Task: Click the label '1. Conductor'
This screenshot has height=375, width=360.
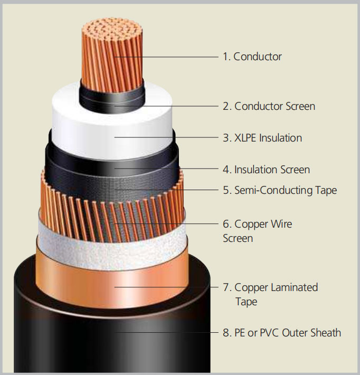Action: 252,57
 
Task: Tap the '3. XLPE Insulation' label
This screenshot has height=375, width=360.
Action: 262,138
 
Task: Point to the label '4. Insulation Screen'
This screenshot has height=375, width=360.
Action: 266,170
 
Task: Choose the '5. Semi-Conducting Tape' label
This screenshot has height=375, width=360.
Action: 279,190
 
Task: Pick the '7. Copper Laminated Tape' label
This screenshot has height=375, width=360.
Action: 270,294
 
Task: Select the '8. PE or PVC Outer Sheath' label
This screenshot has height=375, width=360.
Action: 281,333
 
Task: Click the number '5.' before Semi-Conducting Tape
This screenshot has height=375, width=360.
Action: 226,190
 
